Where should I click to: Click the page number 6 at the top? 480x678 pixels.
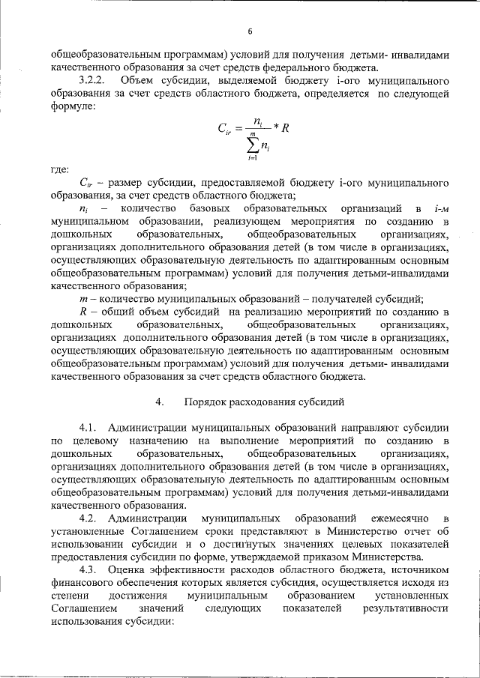click(250, 31)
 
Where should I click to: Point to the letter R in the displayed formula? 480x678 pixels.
click(285, 128)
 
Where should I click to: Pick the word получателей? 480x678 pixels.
click(343, 298)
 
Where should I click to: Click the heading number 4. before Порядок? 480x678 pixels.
click(159, 402)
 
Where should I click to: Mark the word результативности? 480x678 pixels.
click(406, 611)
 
